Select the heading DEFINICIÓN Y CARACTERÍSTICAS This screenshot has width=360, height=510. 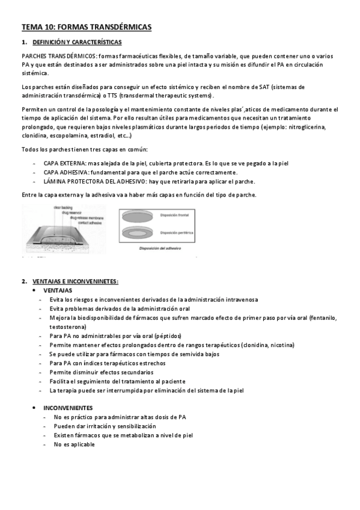click(x=77, y=42)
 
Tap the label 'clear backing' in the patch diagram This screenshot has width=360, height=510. click(x=62, y=207)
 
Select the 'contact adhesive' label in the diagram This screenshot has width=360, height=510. click(x=79, y=223)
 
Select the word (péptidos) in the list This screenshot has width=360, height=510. click(x=168, y=336)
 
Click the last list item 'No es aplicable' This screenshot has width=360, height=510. click(x=74, y=444)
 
